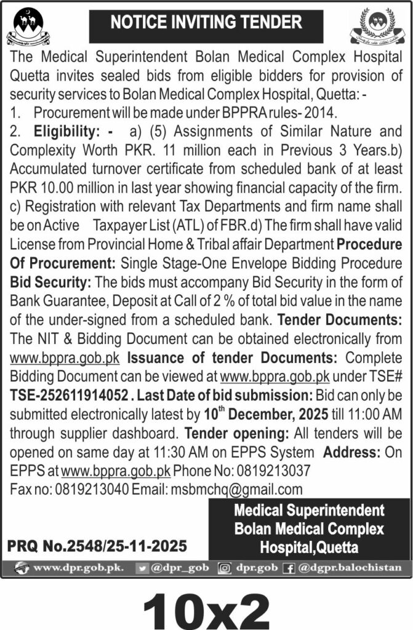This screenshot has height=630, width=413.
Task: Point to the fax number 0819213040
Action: (x=86, y=490)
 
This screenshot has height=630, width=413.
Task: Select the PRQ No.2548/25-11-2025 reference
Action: (x=97, y=545)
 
